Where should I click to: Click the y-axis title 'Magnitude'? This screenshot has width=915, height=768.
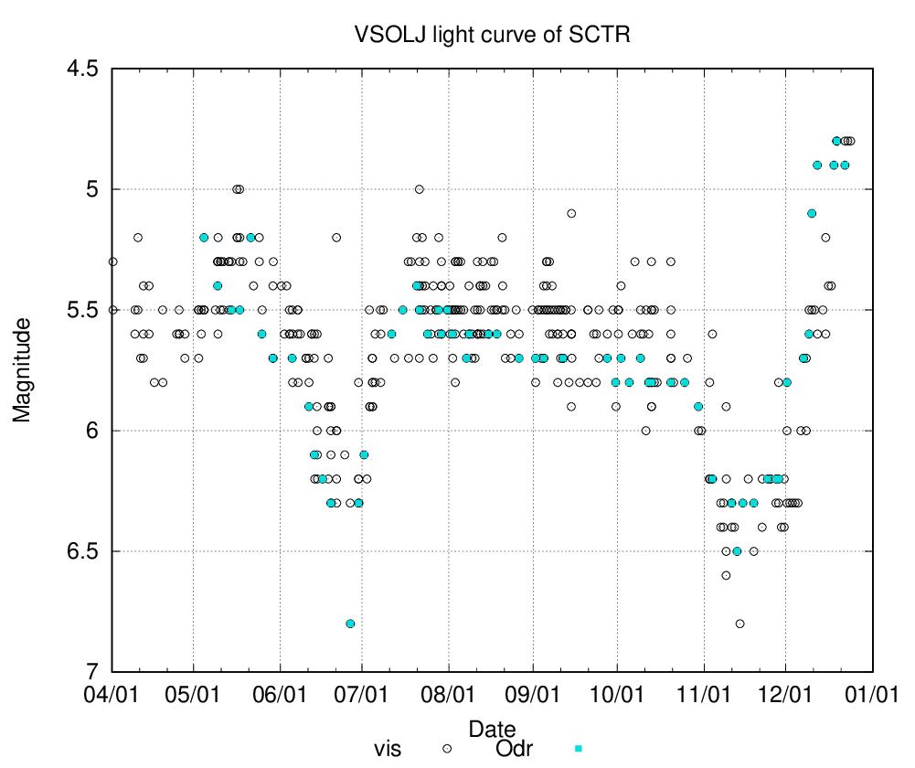coord(22,369)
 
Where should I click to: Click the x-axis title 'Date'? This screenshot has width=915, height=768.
coord(492,730)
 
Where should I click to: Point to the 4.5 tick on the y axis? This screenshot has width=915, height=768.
coord(82,69)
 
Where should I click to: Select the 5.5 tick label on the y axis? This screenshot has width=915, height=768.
coord(82,310)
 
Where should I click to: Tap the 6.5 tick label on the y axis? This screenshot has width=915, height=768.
coord(82,551)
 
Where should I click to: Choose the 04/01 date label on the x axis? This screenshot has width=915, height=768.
coord(112,696)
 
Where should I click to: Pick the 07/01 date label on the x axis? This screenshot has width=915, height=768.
coord(362,696)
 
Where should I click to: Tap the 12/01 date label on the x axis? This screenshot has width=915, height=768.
coord(786,696)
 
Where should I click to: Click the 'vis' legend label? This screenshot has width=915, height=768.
coord(388,749)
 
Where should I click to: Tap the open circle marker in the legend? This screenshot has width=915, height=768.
coord(448,748)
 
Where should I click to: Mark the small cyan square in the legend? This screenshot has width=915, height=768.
coord(577,748)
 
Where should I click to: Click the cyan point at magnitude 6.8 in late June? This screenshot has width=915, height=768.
coord(350,624)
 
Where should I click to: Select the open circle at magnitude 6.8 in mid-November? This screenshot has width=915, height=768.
coord(739,624)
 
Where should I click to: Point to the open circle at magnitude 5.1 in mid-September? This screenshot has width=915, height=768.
coord(571,214)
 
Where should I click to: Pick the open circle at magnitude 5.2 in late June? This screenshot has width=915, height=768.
coord(336,238)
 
